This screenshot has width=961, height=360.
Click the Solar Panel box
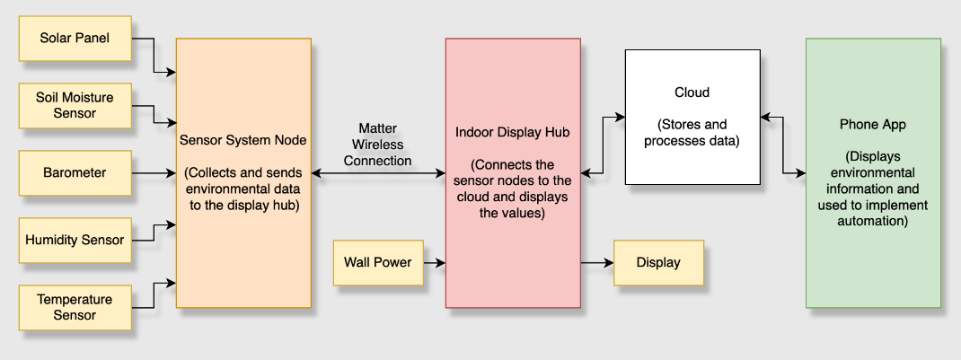tap(75, 39)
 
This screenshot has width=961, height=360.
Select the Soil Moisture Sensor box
tap(75, 106)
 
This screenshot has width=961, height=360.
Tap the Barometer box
tap(75, 173)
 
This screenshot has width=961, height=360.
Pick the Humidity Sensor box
tap(75, 240)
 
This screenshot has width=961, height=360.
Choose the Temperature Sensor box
tap(75, 307)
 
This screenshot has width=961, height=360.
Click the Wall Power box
tap(378, 263)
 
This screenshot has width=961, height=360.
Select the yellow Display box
tap(658, 263)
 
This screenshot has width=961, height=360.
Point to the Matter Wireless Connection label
tap(377, 145)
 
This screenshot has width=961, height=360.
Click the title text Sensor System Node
tap(243, 140)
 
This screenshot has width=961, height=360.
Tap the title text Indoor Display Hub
tap(513, 133)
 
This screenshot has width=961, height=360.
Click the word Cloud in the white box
tap(692, 92)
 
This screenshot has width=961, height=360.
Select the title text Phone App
tap(873, 124)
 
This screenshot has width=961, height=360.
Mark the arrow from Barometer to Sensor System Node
tap(154, 173)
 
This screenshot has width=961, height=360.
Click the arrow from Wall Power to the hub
tap(435, 263)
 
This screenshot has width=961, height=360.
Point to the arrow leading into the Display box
tap(597, 263)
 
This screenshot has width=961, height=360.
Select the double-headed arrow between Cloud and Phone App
tap(783, 145)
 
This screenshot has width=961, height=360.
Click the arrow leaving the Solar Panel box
tap(154, 55)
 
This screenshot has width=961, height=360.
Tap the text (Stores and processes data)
tap(692, 134)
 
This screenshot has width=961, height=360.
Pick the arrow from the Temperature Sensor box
tap(154, 295)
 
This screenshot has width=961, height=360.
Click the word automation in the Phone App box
tap(873, 221)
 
